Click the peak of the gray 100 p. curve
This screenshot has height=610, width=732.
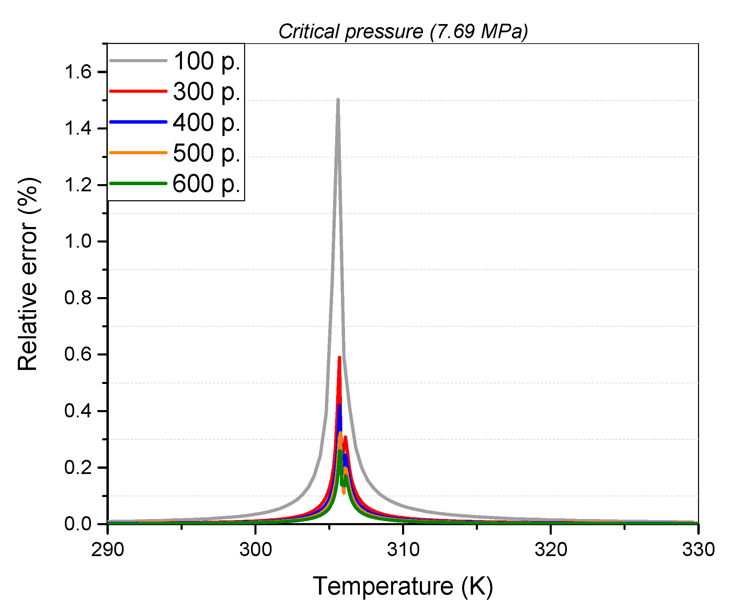click(338, 100)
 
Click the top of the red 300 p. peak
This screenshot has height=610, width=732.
click(339, 358)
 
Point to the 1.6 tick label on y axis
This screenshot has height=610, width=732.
click(77, 72)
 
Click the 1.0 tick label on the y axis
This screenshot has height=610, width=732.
click(77, 242)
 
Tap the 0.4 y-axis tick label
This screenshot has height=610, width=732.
click(77, 411)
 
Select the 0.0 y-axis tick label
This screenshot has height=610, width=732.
click(77, 524)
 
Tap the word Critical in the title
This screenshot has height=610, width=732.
click(309, 31)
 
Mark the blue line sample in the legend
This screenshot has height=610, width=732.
click(138, 122)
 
